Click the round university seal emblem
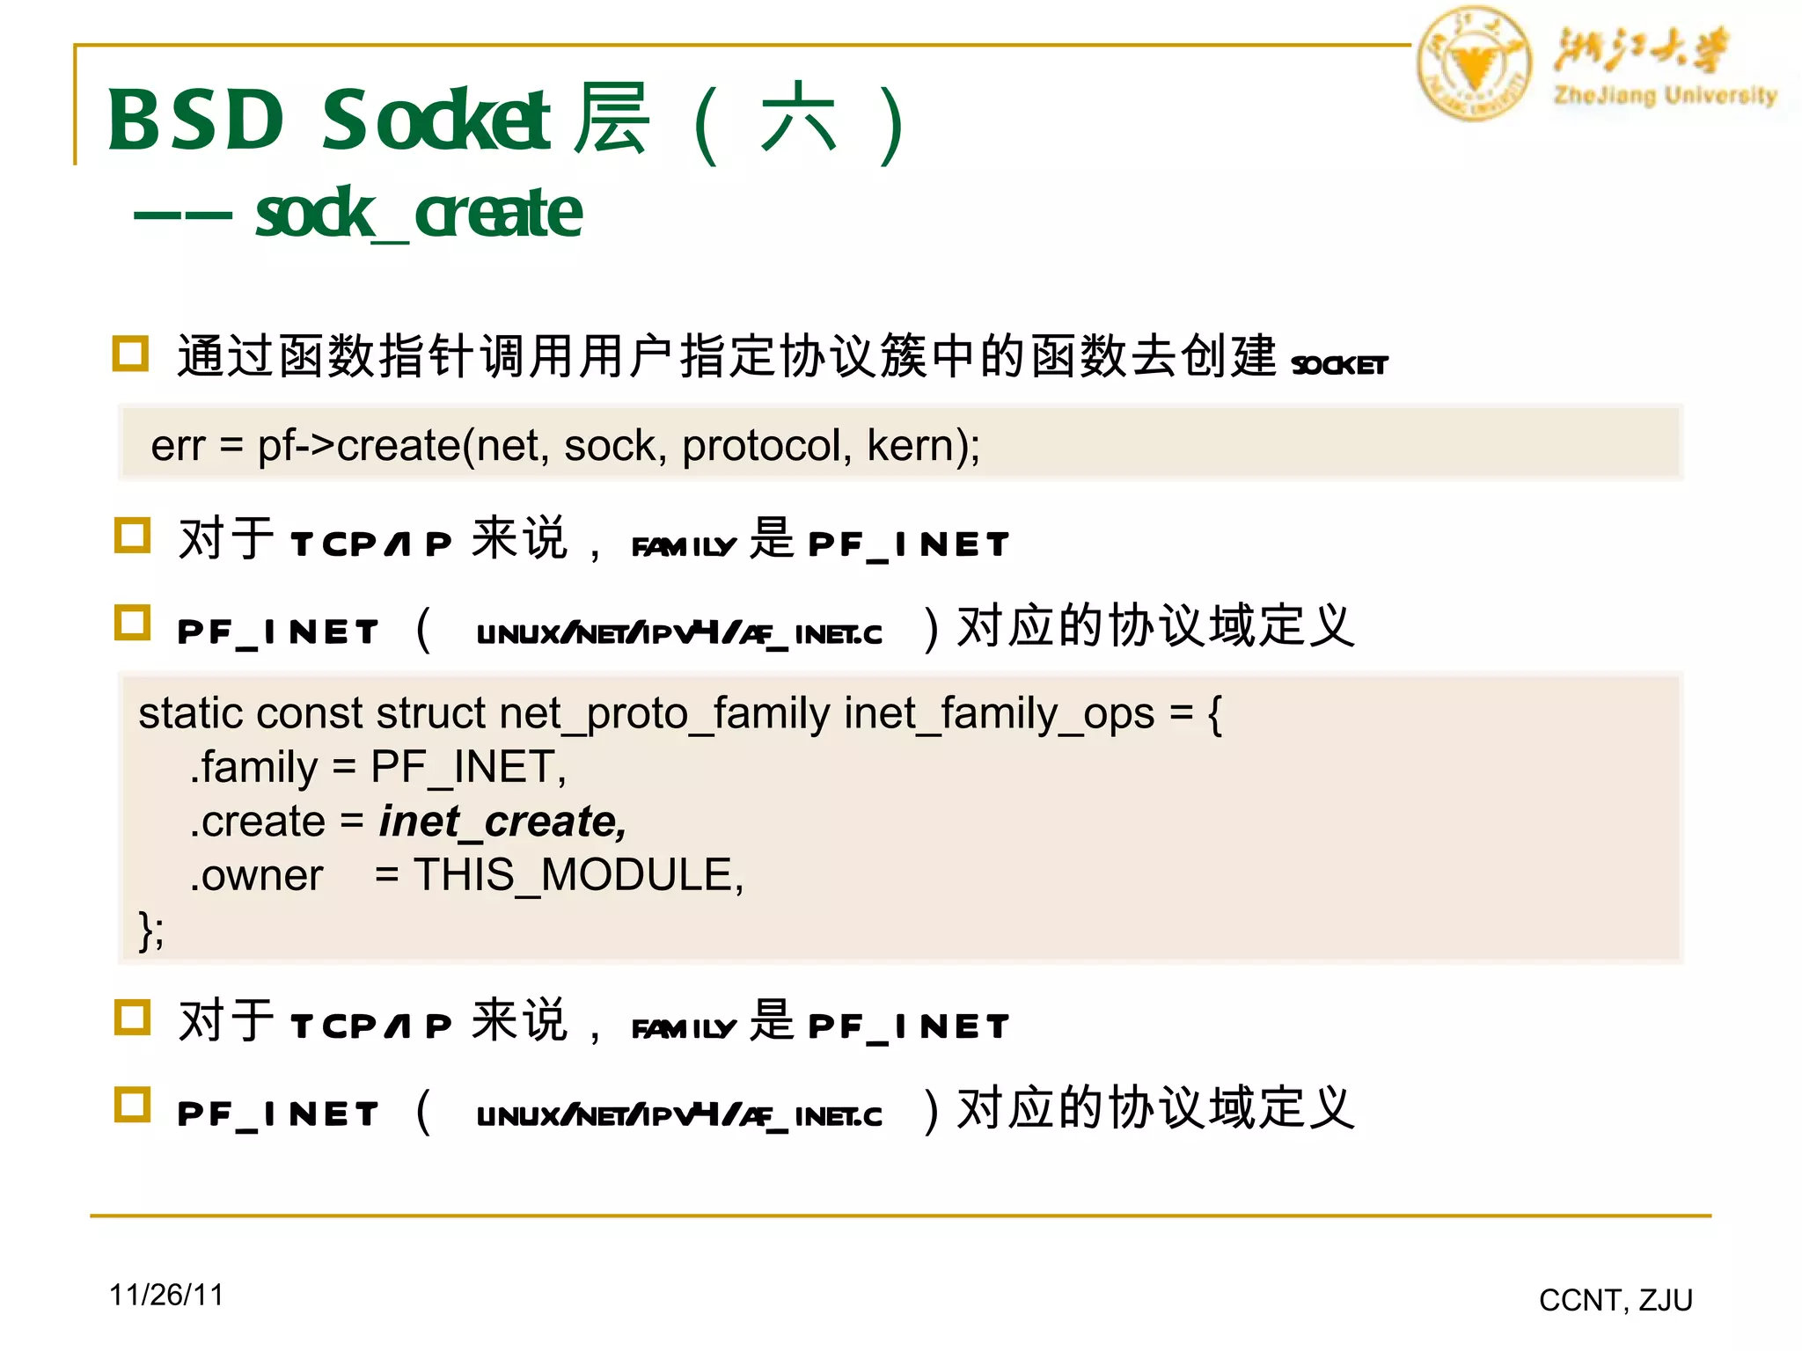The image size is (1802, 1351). [x=1474, y=63]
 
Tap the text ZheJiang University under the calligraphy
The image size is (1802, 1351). [x=1665, y=95]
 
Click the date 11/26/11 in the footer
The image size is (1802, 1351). [x=166, y=1295]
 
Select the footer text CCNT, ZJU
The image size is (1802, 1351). [x=1615, y=1300]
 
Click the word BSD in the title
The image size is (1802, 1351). [x=196, y=120]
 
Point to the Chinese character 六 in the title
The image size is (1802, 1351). [x=798, y=120]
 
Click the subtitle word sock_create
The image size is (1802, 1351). [x=419, y=213]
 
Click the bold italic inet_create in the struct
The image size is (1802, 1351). [x=502, y=822]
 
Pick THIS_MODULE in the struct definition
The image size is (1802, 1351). [x=578, y=875]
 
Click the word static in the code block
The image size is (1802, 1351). [x=188, y=713]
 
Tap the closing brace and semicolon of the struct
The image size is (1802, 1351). [x=150, y=930]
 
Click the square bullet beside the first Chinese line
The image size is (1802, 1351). [x=131, y=354]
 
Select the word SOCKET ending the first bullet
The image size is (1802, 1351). [x=1339, y=364]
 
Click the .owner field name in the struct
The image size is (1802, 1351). [x=257, y=875]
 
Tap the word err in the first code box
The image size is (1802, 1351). [x=178, y=446]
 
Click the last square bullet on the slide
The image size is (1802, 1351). [x=133, y=1105]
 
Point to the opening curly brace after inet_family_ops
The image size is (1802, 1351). [x=1215, y=713]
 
